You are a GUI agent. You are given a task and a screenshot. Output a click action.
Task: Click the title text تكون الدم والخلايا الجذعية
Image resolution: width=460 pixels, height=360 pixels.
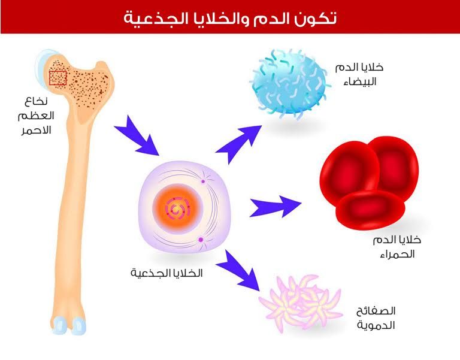click(x=230, y=17)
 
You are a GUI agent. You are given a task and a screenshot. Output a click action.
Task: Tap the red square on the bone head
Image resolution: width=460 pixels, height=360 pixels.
click(x=57, y=78)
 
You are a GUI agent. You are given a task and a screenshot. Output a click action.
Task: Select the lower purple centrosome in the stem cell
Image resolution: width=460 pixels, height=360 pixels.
click(x=201, y=241)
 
